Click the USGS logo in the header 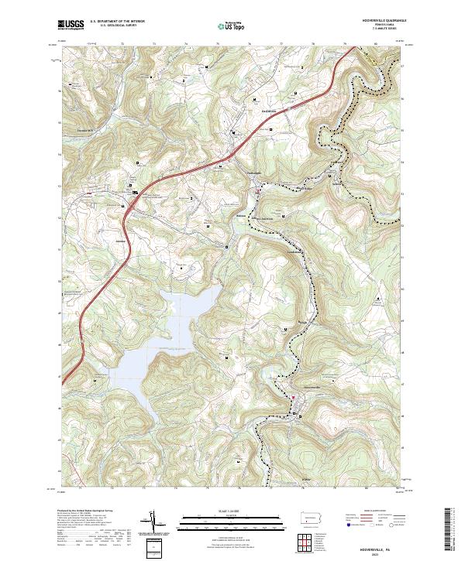coord(71,26)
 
